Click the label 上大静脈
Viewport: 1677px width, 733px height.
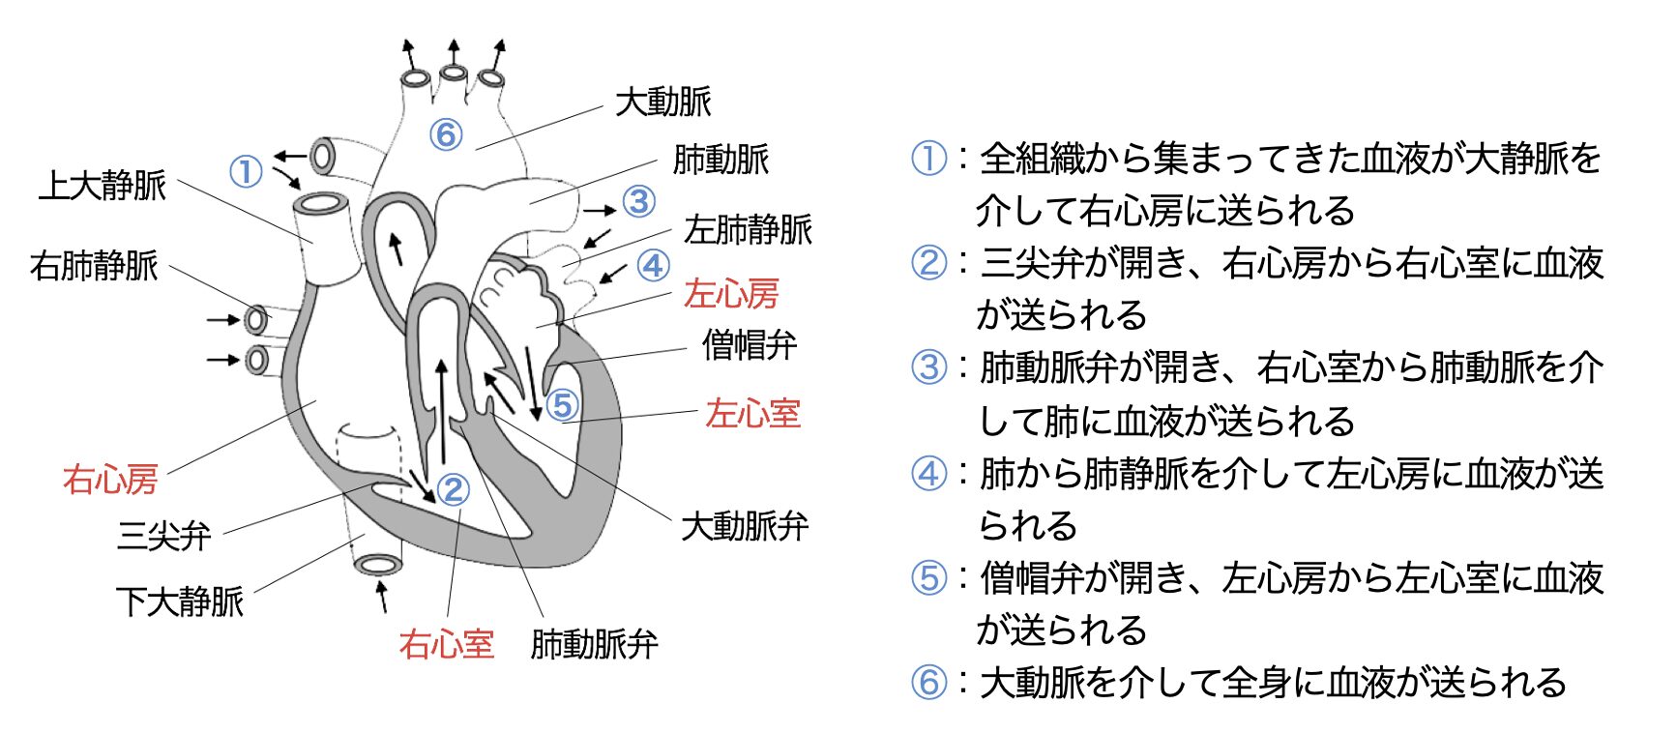[103, 185]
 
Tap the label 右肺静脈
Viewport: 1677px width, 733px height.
[94, 265]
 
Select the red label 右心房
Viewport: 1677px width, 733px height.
[109, 479]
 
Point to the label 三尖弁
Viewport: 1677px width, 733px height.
[163, 535]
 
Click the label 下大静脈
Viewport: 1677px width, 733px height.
[180, 601]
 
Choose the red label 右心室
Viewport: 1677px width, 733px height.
[446, 643]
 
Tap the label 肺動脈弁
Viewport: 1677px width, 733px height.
[594, 643]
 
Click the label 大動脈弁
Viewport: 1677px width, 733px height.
[744, 526]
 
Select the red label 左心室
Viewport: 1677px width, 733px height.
[752, 413]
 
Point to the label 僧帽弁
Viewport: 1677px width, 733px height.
[750, 344]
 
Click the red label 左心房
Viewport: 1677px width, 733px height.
[731, 293]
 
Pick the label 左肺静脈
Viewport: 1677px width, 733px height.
[748, 229]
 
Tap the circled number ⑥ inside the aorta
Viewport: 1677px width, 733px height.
[446, 134]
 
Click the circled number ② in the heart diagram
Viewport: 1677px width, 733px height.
[453, 489]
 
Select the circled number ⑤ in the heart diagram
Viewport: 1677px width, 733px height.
[562, 404]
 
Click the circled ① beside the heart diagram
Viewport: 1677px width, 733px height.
[246, 171]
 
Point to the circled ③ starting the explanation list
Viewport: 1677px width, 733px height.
[929, 366]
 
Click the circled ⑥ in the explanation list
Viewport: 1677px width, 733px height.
[929, 682]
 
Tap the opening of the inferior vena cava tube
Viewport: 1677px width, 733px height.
[377, 564]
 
